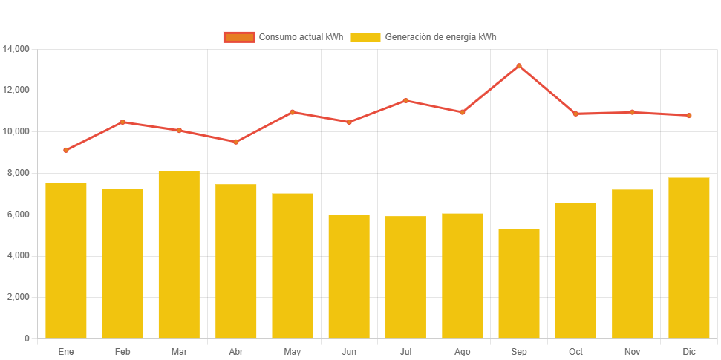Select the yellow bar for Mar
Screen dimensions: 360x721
[179, 255]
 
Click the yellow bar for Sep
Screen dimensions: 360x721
[519, 284]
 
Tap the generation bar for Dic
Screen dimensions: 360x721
[689, 258]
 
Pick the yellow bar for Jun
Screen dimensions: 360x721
[349, 276]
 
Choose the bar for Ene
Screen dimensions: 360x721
[66, 261]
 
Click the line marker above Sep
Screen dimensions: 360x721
[519, 66]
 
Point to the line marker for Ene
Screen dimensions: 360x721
[66, 150]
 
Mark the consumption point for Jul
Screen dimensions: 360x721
[405, 100]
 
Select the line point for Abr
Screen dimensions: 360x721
[235, 142]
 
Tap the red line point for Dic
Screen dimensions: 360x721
[689, 116]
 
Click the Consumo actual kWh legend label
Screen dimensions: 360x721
[301, 37]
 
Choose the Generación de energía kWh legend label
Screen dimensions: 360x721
[440, 37]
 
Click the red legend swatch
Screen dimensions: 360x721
[238, 37]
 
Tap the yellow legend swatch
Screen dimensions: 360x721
[365, 37]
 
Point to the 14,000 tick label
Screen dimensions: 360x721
[16, 49]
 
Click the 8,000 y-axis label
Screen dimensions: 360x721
[19, 173]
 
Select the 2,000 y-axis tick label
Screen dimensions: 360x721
[19, 297]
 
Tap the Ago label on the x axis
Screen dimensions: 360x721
[462, 351]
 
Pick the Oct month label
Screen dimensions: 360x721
[575, 351]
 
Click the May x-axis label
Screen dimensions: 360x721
[292, 351]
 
